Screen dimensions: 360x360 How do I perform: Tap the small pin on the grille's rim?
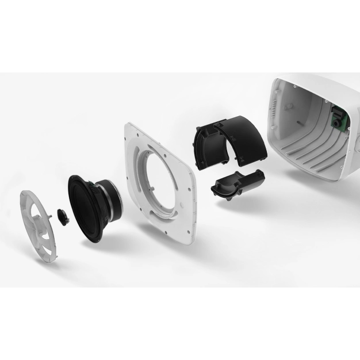[51, 213]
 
